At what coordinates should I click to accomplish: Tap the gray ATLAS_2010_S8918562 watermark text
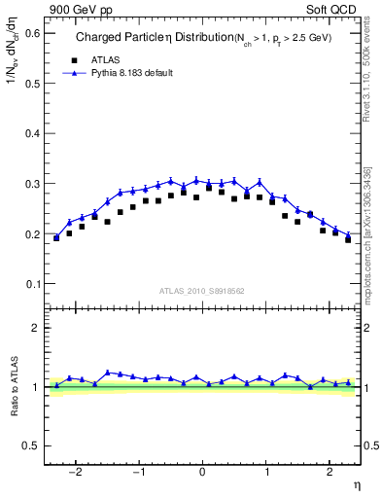[202, 290]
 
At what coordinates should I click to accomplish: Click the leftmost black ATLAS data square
[56, 237]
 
